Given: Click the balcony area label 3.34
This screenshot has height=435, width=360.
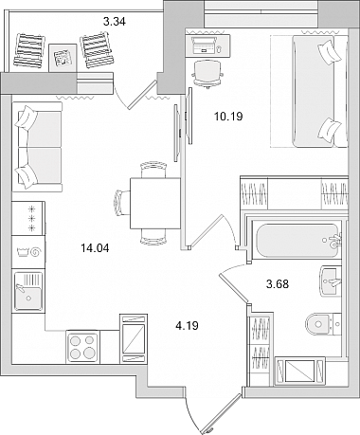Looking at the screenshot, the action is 115,22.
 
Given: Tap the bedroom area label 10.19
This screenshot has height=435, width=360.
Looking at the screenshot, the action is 228,117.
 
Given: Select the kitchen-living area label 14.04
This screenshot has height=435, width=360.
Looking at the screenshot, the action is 95,248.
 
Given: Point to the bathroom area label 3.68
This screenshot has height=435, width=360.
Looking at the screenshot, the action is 278,284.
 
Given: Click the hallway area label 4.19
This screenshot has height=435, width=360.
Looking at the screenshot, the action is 188,325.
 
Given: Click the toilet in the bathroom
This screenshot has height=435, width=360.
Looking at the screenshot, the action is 323,324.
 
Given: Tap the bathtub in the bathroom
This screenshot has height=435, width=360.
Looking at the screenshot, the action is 297,242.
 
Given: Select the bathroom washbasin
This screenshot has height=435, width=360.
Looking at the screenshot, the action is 331,281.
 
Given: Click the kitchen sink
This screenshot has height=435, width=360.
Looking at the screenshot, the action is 28,291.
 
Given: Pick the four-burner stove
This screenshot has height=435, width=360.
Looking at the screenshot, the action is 83,346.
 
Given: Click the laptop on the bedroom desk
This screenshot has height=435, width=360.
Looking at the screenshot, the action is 204,45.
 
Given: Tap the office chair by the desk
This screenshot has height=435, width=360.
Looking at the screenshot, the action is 207,74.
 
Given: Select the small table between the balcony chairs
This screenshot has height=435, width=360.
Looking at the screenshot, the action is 63,58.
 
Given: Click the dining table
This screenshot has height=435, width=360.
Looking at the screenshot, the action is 155,203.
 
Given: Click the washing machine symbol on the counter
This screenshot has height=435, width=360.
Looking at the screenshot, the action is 28,252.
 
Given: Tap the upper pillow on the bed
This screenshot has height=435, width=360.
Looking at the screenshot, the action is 330,51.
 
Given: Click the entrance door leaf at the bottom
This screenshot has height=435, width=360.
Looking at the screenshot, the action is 223,413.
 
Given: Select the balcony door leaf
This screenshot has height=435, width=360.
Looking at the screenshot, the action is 142,95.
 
